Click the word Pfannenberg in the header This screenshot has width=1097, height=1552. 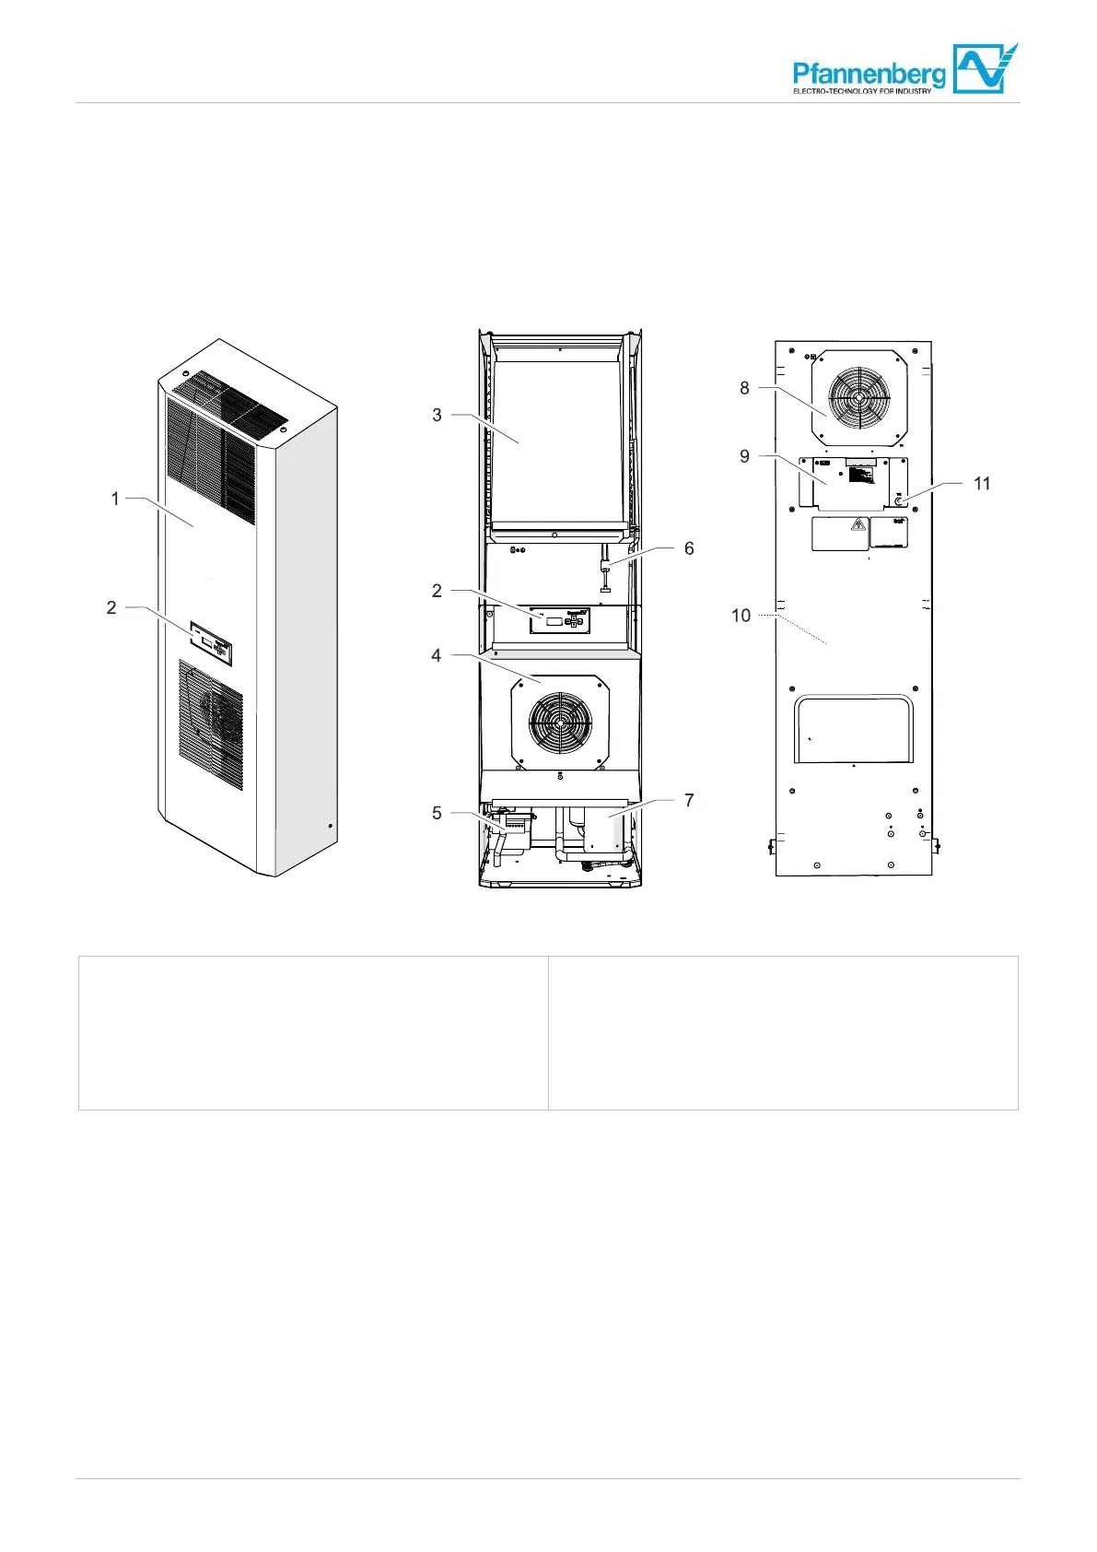[869, 74]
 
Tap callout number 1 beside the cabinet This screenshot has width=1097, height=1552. [115, 499]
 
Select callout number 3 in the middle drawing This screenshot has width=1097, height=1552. [437, 415]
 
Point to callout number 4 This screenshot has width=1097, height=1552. [437, 655]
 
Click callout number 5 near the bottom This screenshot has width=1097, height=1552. [437, 813]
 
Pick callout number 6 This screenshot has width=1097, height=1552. [689, 548]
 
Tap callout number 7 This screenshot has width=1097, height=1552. [689, 800]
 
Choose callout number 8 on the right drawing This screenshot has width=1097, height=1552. [745, 388]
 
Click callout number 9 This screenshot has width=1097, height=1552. [745, 456]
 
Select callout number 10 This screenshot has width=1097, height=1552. [741, 615]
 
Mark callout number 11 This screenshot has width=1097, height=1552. [982, 483]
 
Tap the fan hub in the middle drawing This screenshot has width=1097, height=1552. [561, 721]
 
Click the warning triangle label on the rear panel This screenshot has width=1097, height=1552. [858, 526]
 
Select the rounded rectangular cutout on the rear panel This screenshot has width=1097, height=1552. [854, 729]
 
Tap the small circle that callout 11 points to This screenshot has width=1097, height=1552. [899, 500]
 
